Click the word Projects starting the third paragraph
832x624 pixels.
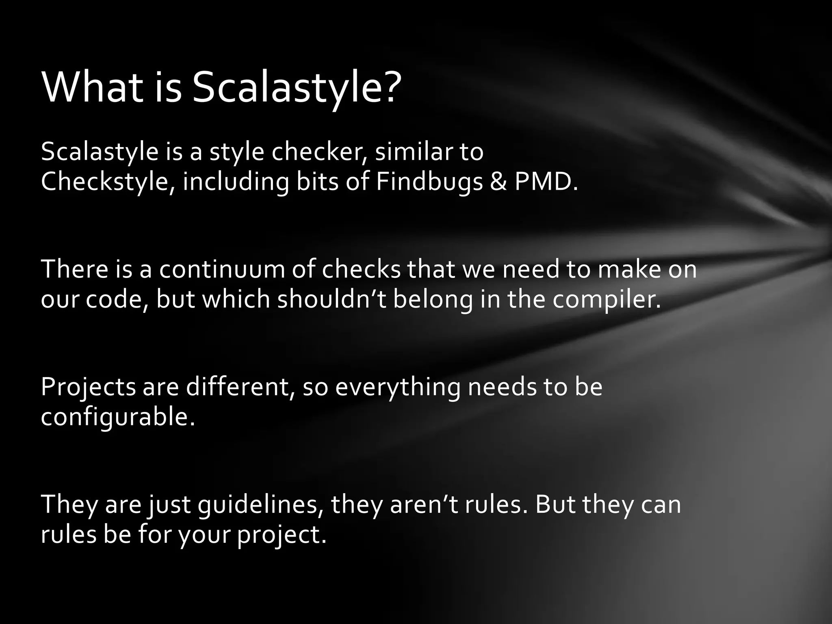88,387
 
